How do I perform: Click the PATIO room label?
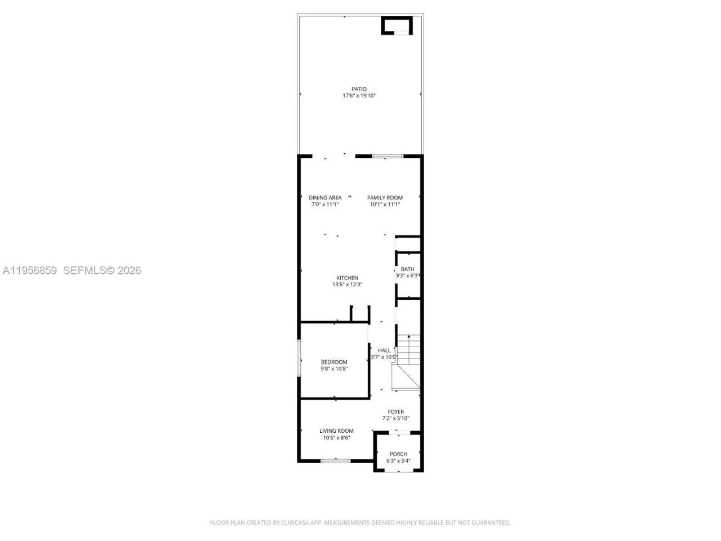[359, 89]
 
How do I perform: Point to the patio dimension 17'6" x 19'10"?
[359, 96]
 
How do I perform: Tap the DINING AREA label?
[325, 198]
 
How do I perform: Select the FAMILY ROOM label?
[385, 198]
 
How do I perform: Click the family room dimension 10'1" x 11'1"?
[385, 205]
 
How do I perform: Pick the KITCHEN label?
[347, 278]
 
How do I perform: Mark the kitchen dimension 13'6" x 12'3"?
[347, 285]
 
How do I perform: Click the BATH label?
[407, 269]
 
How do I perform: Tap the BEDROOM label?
[334, 362]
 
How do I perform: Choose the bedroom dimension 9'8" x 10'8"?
[334, 369]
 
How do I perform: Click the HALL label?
[384, 351]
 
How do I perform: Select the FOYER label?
[395, 412]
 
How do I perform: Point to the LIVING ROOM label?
[336, 431]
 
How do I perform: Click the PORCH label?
[398, 454]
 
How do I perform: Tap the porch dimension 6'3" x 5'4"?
[398, 461]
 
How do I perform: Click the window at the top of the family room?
[388, 156]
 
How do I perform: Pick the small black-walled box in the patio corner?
[397, 26]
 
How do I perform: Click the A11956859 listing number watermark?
[30, 270]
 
